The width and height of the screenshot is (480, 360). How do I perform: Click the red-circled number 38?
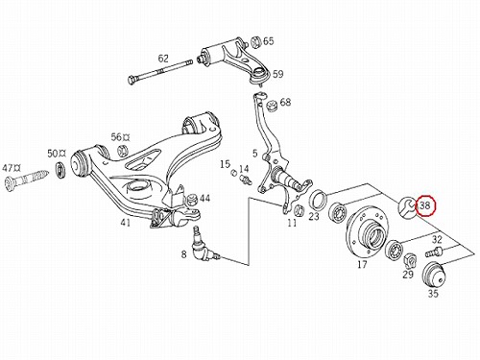(x=425, y=205)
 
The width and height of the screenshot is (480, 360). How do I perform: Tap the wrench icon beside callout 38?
(x=407, y=207)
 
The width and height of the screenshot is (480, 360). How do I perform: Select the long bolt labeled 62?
(x=159, y=70)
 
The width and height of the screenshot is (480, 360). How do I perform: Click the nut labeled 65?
(x=256, y=42)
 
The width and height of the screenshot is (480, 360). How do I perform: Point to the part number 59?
(x=277, y=74)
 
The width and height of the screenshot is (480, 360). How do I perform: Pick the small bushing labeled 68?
(x=273, y=106)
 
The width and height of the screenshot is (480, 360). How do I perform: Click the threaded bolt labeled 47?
(x=27, y=180)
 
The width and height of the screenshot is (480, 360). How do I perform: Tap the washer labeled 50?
(x=60, y=170)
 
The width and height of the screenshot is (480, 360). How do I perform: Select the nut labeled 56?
(x=122, y=150)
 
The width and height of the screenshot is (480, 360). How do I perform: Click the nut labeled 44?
(x=192, y=200)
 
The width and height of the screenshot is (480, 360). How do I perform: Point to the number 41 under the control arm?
(x=125, y=222)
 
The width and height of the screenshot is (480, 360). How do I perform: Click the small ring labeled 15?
(x=234, y=173)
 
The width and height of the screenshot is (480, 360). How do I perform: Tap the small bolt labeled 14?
(x=246, y=180)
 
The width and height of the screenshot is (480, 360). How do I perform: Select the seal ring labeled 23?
(x=318, y=200)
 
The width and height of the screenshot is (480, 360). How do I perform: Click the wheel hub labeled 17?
(x=368, y=230)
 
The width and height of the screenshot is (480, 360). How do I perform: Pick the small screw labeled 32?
(x=434, y=252)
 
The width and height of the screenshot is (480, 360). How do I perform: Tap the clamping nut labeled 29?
(x=409, y=260)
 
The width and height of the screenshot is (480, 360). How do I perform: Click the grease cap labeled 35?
(x=433, y=275)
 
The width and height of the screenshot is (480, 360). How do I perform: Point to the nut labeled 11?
(x=299, y=209)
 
